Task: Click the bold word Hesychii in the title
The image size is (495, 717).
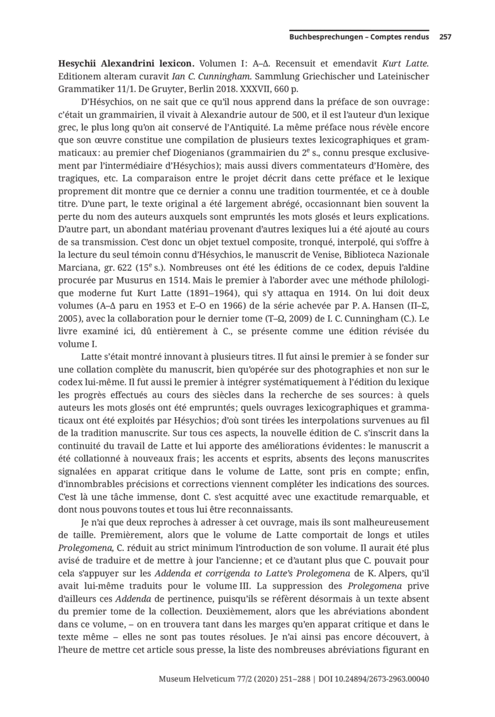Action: click(x=79, y=64)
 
